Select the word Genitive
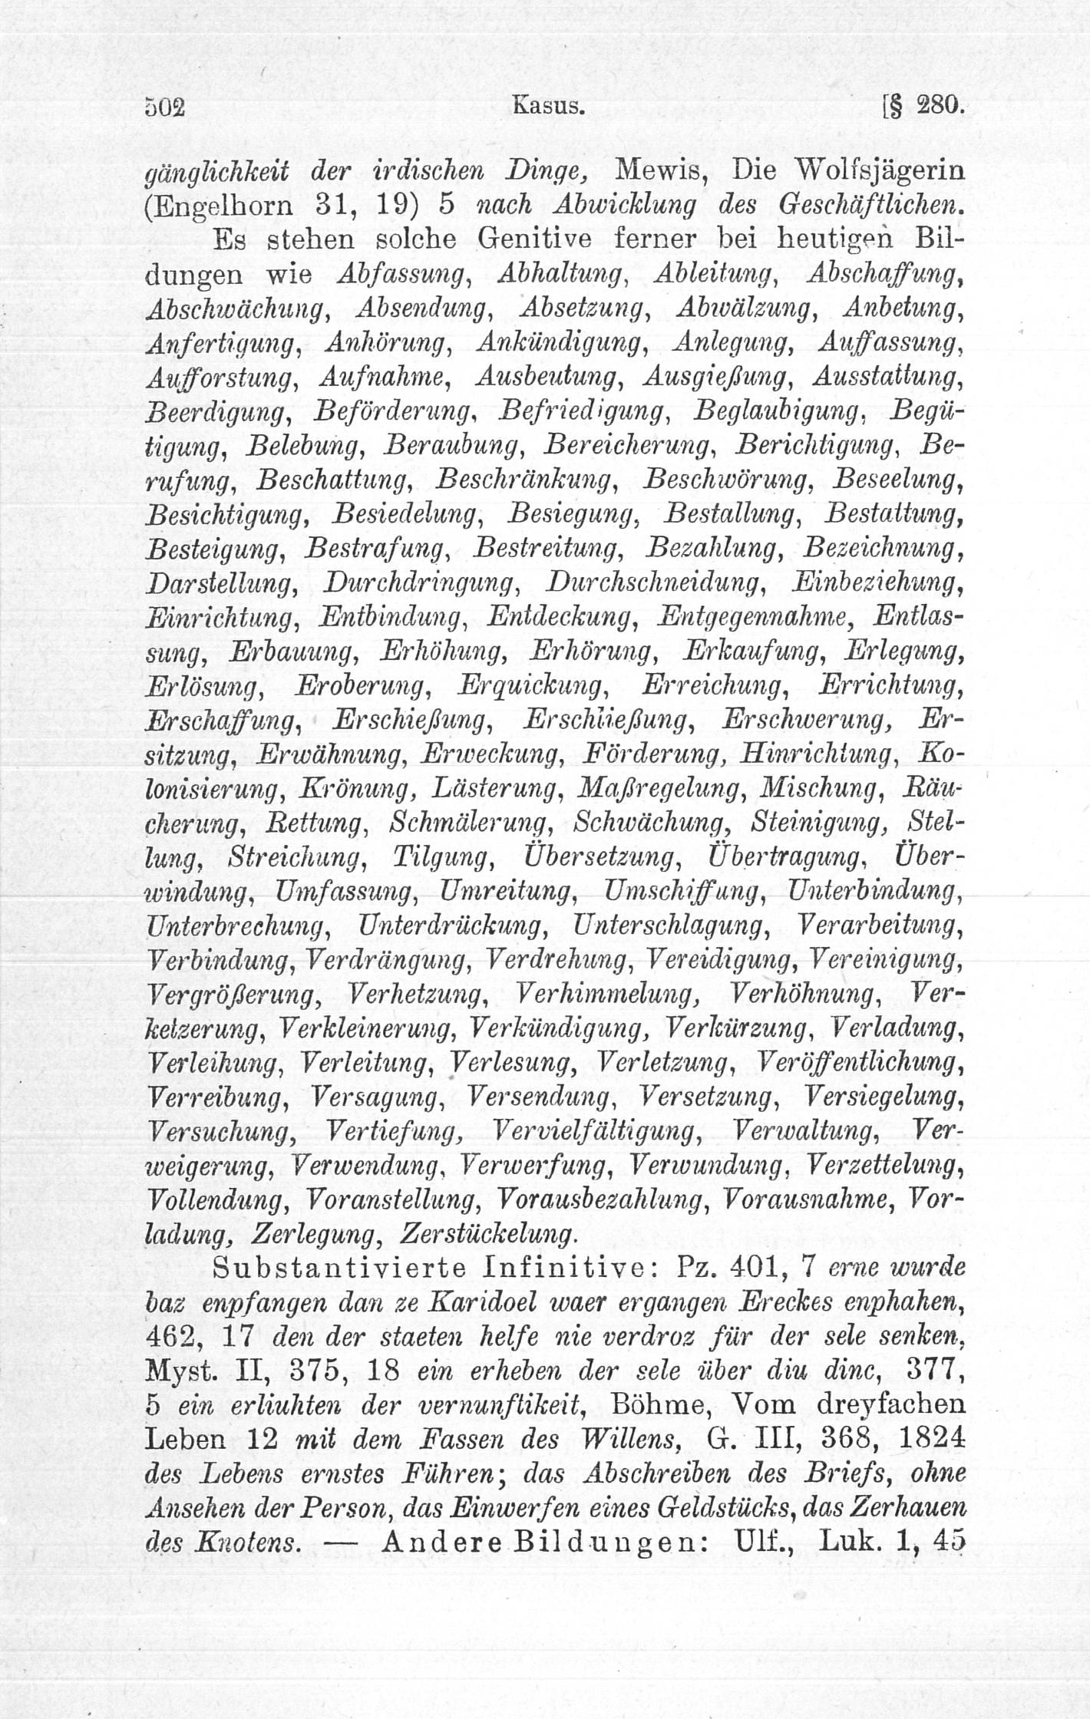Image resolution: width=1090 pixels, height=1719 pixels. pyautogui.click(x=536, y=239)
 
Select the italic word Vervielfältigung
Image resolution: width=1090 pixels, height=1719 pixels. pyautogui.click(x=596, y=1131)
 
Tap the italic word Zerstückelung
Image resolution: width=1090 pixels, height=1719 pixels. pyautogui.click(x=487, y=1234)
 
